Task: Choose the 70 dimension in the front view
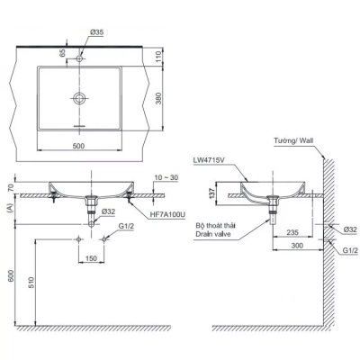pyautogui.click(x=11, y=187)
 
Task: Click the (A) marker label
pyautogui.click(x=11, y=207)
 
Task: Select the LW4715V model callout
pyautogui.click(x=209, y=162)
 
